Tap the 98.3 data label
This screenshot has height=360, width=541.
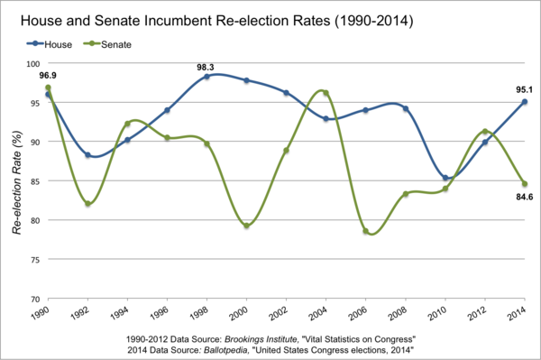206,67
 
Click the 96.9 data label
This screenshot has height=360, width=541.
48,76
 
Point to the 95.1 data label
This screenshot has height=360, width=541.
524,89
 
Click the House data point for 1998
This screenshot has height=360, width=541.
206,77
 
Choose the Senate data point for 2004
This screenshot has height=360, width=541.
326,93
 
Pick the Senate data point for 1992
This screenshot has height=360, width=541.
87,204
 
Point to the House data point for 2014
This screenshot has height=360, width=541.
524,102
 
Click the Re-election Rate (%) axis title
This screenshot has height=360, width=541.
16,181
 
